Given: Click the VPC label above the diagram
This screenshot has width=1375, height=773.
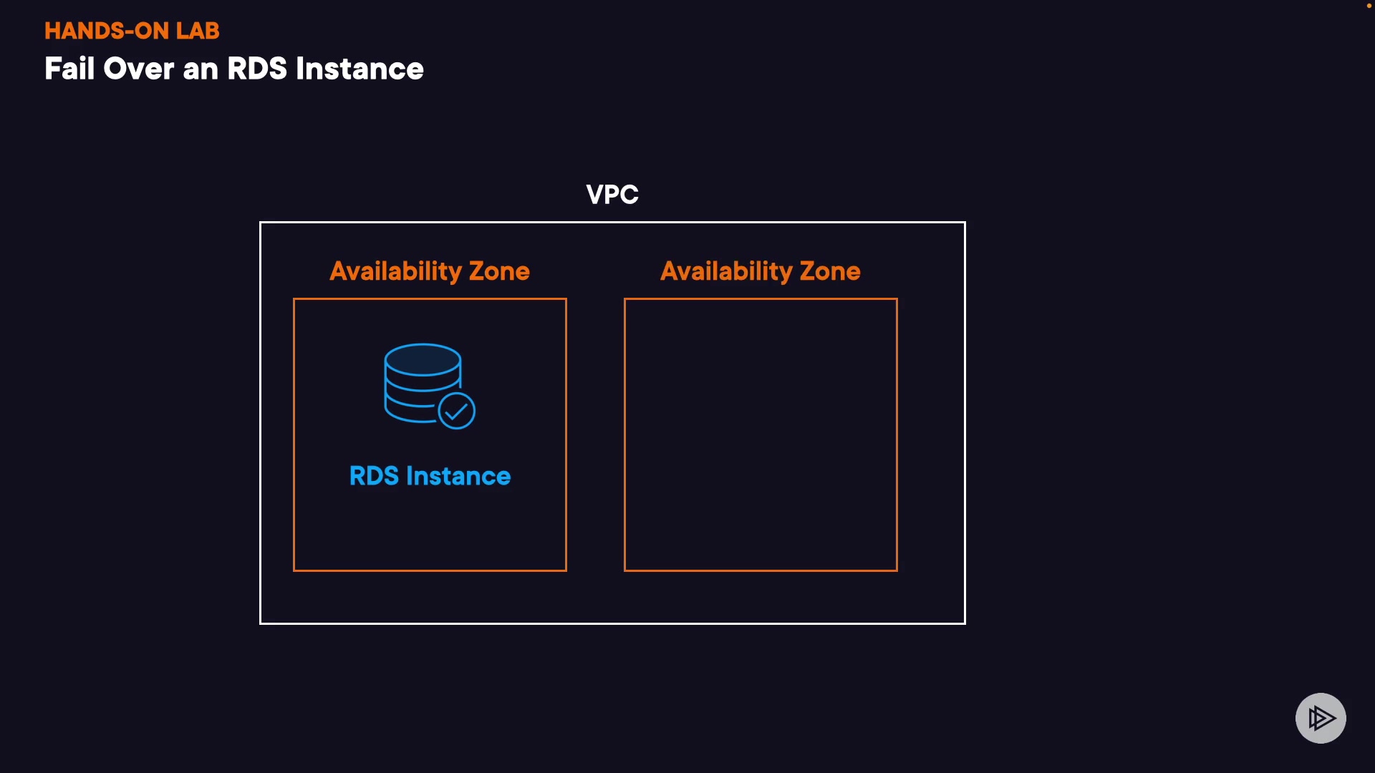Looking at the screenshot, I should [612, 195].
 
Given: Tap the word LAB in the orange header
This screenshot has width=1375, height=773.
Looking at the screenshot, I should [198, 31].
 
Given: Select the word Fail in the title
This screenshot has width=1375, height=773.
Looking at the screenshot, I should [69, 69].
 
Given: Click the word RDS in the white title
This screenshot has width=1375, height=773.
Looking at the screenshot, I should [257, 69].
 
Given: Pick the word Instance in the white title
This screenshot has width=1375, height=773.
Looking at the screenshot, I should [360, 69].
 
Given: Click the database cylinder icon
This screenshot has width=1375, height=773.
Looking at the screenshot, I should [422, 383].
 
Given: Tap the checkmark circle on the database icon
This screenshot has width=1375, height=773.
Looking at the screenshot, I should [456, 411].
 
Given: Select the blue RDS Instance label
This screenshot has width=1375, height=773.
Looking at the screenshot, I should [430, 476].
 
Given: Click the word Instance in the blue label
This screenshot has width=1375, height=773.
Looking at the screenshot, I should [458, 476].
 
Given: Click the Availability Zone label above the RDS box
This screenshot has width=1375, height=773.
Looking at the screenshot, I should [430, 271].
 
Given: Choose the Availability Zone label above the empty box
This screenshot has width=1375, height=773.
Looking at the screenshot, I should [760, 271].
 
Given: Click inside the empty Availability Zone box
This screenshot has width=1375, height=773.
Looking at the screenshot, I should [761, 434].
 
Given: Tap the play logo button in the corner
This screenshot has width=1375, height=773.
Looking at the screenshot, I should [1321, 718].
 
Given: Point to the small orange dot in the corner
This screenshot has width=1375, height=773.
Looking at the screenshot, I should [1369, 6].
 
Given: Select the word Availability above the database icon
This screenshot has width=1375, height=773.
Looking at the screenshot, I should [395, 271].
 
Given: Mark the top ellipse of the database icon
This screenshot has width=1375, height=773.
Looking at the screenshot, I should [423, 359].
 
